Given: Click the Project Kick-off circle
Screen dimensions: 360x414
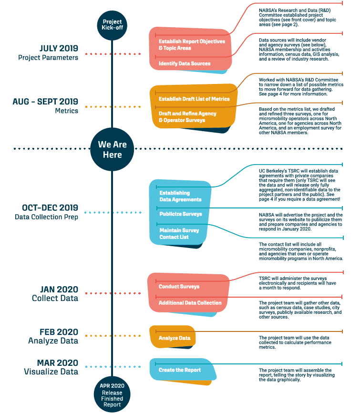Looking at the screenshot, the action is [x=112, y=25].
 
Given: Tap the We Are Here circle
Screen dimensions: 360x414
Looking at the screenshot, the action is [x=112, y=149].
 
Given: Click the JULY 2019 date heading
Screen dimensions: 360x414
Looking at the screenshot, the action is [x=59, y=48].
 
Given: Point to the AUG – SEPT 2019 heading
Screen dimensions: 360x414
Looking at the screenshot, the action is [x=45, y=102].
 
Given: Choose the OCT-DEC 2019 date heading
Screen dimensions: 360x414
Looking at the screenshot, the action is [x=50, y=207].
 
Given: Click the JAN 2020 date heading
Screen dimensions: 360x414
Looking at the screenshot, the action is [x=59, y=289].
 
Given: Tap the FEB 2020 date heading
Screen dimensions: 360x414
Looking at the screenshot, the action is [x=59, y=332].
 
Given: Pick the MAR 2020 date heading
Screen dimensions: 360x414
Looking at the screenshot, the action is [x=58, y=363].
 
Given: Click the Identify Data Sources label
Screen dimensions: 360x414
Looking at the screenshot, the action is [x=185, y=63].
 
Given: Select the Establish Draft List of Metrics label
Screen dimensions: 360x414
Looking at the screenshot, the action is [x=194, y=99].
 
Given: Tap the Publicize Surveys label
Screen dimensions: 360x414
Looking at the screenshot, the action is [x=181, y=214].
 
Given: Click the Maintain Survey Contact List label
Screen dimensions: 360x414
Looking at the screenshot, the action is [x=179, y=234].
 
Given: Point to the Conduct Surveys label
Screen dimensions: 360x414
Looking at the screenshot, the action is [x=179, y=287].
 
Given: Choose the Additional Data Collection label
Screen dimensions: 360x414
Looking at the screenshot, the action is [x=190, y=303].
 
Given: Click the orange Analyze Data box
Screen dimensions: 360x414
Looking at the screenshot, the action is [x=173, y=337].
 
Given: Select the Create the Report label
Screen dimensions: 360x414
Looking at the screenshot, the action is [x=180, y=370].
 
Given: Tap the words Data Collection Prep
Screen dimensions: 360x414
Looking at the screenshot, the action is [x=46, y=217].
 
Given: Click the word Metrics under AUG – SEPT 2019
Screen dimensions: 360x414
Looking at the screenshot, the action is [x=66, y=111].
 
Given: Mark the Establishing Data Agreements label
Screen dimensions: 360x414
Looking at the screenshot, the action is [x=180, y=196].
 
